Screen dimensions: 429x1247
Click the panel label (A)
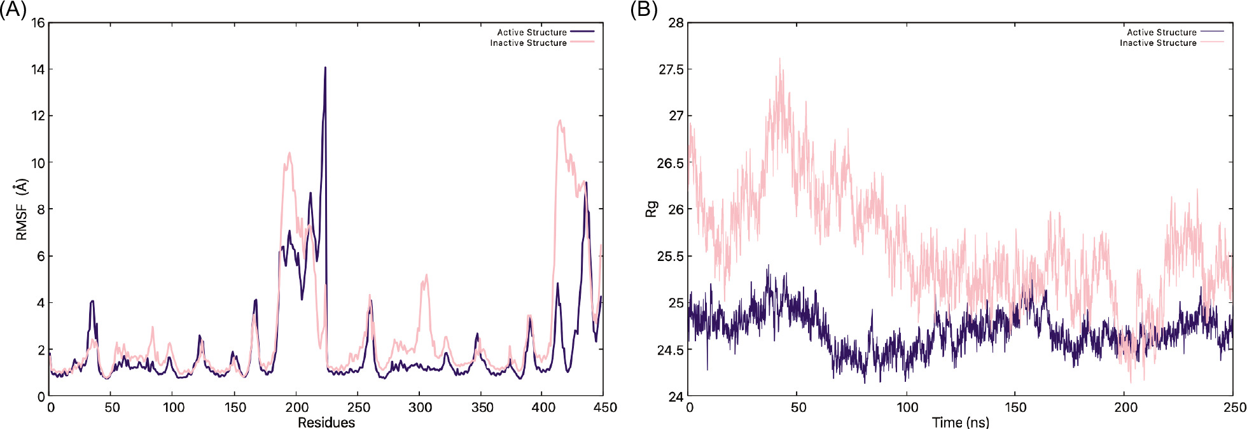tap(13, 10)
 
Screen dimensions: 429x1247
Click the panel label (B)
tap(643, 10)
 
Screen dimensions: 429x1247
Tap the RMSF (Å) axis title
tap(22, 209)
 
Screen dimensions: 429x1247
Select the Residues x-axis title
tap(326, 422)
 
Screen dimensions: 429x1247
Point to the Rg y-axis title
tap(651, 209)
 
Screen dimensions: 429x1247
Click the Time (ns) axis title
tap(961, 422)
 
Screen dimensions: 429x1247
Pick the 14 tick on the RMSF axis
tap(38, 69)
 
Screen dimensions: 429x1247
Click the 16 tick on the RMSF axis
tap(38, 23)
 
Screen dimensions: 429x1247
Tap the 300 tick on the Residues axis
tap(420, 407)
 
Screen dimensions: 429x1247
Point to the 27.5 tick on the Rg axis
tap(671, 69)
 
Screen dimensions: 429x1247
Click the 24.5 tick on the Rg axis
tap(671, 349)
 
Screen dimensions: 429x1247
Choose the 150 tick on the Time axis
tap(1015, 407)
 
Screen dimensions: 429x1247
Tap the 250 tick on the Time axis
tap(1234, 407)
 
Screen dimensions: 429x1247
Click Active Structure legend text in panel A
tap(532, 32)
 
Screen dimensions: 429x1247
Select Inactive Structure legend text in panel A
tap(528, 43)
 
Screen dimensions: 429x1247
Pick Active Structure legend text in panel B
tap(1162, 32)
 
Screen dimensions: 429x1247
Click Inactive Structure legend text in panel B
tap(1158, 43)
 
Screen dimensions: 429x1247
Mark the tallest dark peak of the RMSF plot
tap(325, 67)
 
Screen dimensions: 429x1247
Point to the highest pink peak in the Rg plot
tap(779, 59)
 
